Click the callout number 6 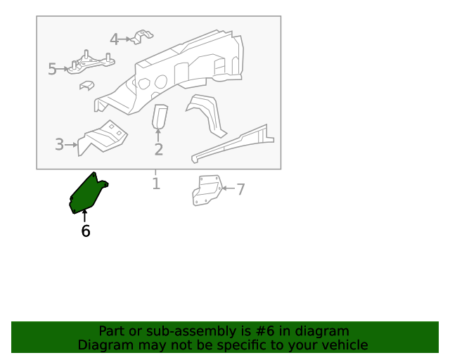(86, 231)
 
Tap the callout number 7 (240, 189)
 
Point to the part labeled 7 (207, 190)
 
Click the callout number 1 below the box (156, 184)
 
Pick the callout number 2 (158, 150)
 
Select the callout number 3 (59, 144)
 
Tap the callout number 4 (114, 39)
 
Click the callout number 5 (52, 69)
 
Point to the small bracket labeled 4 (141, 37)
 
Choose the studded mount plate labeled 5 (91, 63)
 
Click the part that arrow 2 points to (160, 116)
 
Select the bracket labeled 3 (103, 139)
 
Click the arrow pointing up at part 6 (84, 216)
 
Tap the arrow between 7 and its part (229, 188)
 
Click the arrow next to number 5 (63, 69)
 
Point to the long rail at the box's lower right (233, 143)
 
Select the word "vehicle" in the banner (348, 345)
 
